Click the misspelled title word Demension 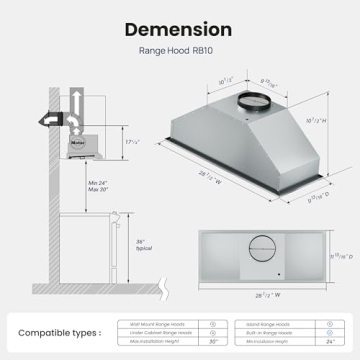[180, 30]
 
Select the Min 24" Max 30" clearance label [97, 187]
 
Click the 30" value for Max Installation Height [214, 342]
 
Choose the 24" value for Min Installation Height [329, 342]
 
